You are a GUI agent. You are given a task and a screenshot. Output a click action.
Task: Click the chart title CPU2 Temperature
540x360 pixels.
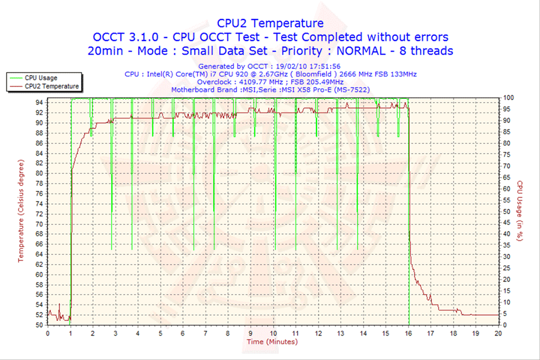coord(270,23)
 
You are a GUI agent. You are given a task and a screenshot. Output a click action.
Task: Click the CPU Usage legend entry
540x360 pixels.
coord(40,77)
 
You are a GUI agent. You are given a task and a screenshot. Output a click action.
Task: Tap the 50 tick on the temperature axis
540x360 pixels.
coord(38,325)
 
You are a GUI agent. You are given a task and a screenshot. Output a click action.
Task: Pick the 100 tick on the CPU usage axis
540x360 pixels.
coord(508,97)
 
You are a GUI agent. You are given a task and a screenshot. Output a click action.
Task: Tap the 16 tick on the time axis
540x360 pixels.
coord(409,333)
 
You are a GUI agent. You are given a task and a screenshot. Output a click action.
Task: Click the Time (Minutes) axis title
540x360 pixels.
coord(271,342)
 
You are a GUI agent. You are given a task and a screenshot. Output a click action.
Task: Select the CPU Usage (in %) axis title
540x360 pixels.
coord(519,211)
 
